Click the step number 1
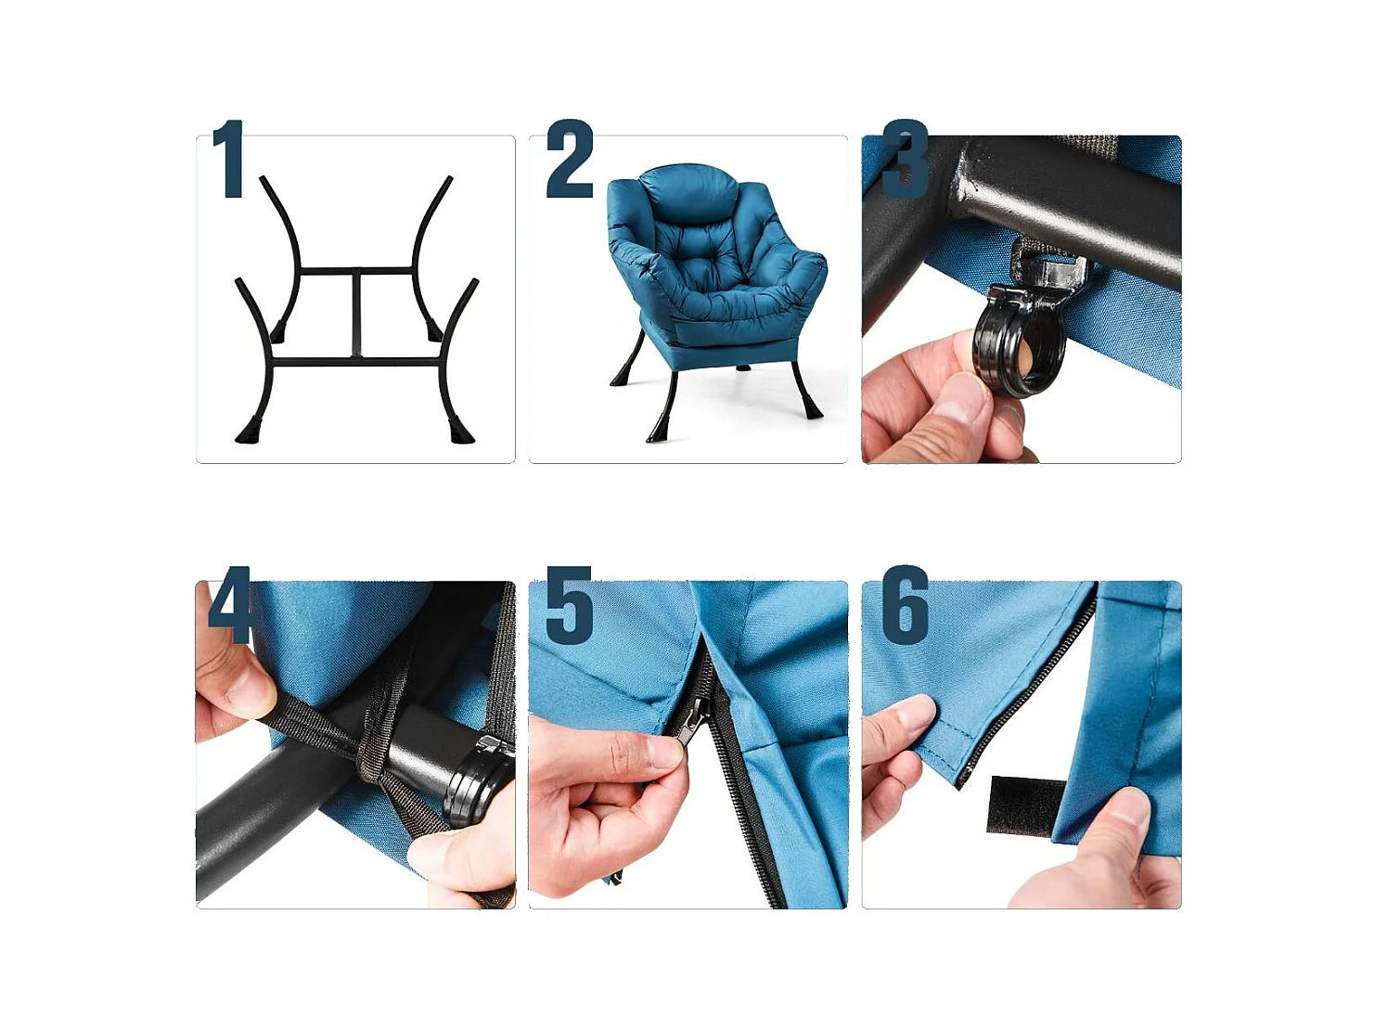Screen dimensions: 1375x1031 pyautogui.click(x=228, y=159)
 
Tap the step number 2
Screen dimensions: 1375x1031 pyautogui.click(x=570, y=159)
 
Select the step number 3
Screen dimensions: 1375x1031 pyautogui.click(x=905, y=159)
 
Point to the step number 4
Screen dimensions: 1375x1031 pyautogui.click(x=230, y=604)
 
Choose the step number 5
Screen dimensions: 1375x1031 pyautogui.click(x=569, y=605)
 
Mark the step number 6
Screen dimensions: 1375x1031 pyautogui.click(x=906, y=605)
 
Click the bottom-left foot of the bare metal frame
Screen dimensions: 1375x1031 pyautogui.click(x=247, y=431)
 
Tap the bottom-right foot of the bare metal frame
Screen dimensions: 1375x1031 pyautogui.click(x=460, y=430)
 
